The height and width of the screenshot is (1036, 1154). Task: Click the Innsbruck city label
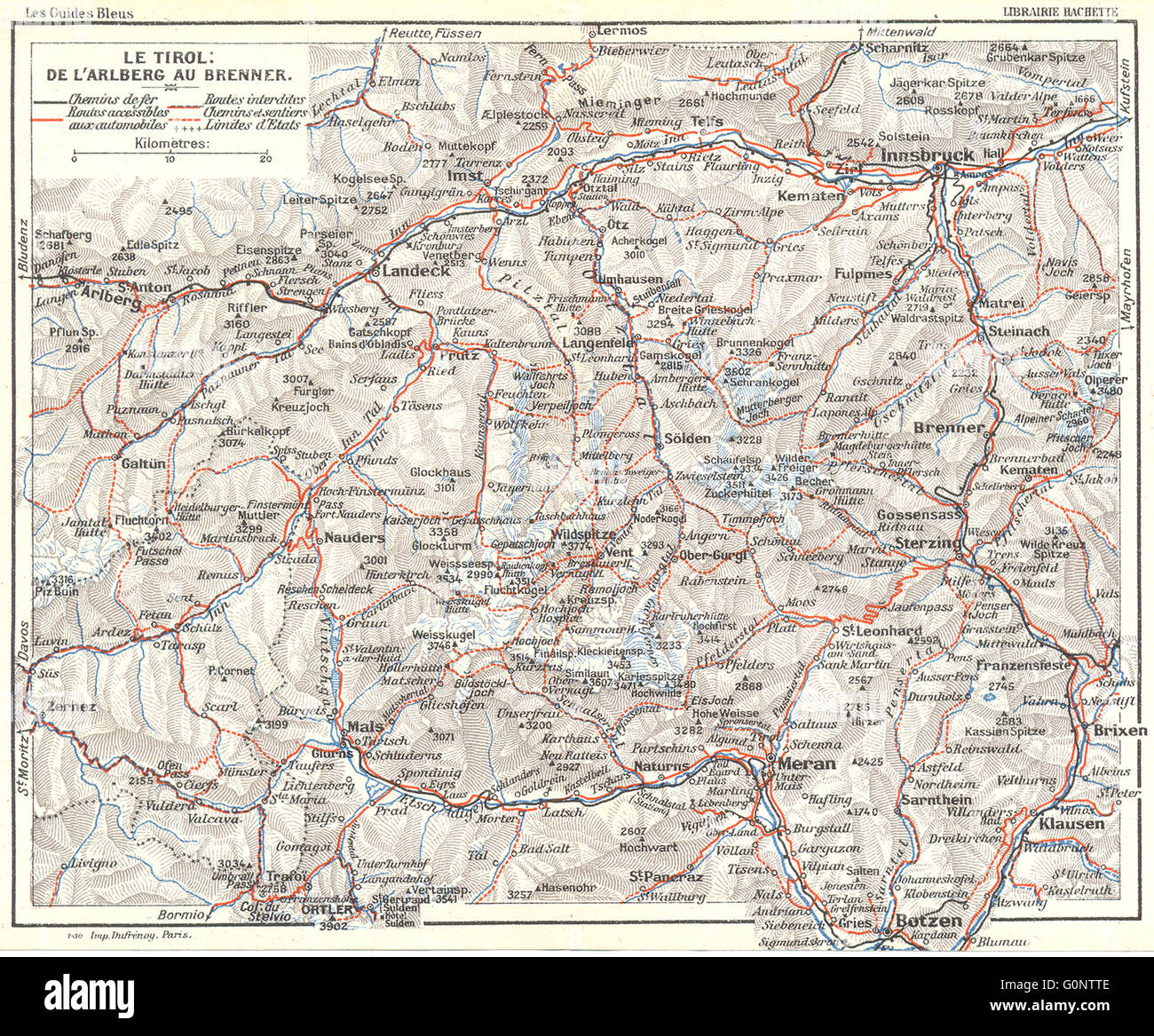[927, 155]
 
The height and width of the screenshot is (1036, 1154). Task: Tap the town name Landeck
[410, 273]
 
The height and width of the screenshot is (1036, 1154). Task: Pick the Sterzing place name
[930, 543]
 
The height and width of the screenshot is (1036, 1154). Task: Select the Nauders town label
[354, 538]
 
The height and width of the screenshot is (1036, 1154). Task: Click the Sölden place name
[687, 438]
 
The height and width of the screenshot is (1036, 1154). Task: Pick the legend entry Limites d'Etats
[256, 124]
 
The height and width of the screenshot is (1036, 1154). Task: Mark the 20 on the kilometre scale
[265, 160]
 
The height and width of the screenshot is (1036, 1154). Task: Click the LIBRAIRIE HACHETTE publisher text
[1061, 12]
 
